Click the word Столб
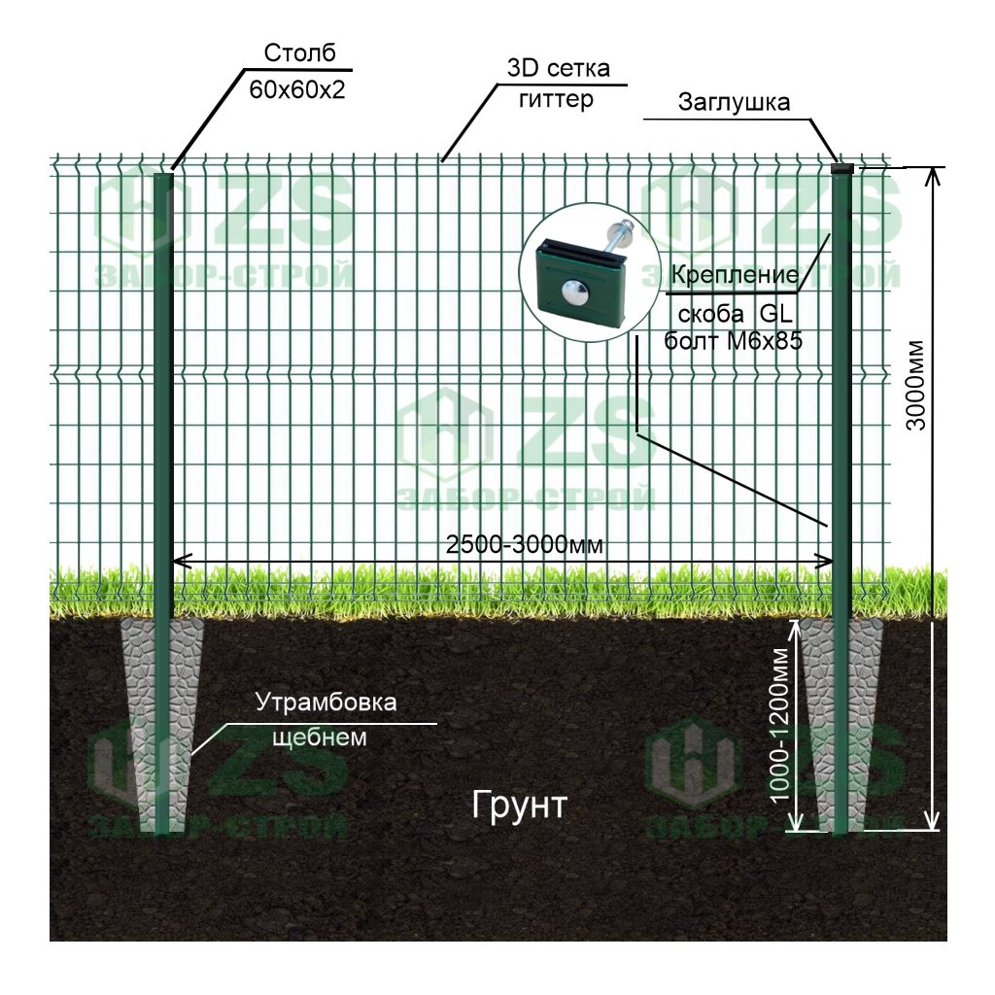[x=299, y=52]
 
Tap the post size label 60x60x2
[x=297, y=90]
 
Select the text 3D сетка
[x=559, y=68]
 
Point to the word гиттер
[x=557, y=99]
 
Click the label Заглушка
[x=735, y=102]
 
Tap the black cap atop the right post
[x=842, y=168]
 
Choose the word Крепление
[x=735, y=275]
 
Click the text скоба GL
[x=736, y=314]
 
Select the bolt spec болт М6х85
[x=733, y=341]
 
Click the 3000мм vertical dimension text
[x=915, y=386]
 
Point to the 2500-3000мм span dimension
[x=524, y=544]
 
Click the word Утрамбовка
[x=326, y=703]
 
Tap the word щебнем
[x=319, y=738]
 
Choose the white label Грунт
[x=519, y=806]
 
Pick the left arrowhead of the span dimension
[x=182, y=561]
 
